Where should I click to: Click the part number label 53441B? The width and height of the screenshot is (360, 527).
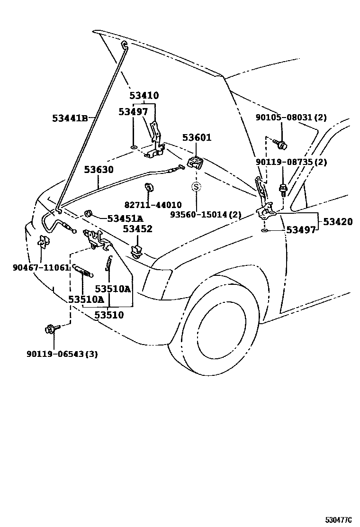(x=70, y=118)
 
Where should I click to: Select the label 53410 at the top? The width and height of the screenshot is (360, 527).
(x=144, y=96)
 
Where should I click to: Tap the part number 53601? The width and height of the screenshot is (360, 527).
(x=197, y=138)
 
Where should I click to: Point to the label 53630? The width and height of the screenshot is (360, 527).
(x=99, y=169)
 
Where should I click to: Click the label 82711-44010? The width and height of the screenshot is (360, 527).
(x=153, y=205)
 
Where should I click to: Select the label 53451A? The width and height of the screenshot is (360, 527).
(x=125, y=218)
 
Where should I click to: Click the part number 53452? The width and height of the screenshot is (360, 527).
(x=138, y=229)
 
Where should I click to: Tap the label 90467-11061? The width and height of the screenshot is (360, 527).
(x=41, y=267)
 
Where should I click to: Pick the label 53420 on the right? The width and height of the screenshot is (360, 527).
(x=338, y=221)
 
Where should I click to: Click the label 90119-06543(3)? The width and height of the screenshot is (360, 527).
(x=63, y=354)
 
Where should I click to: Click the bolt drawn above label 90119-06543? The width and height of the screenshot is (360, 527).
(x=51, y=328)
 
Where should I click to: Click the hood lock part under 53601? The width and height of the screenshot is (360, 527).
(x=196, y=163)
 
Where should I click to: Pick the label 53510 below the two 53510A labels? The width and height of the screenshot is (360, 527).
(x=109, y=315)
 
